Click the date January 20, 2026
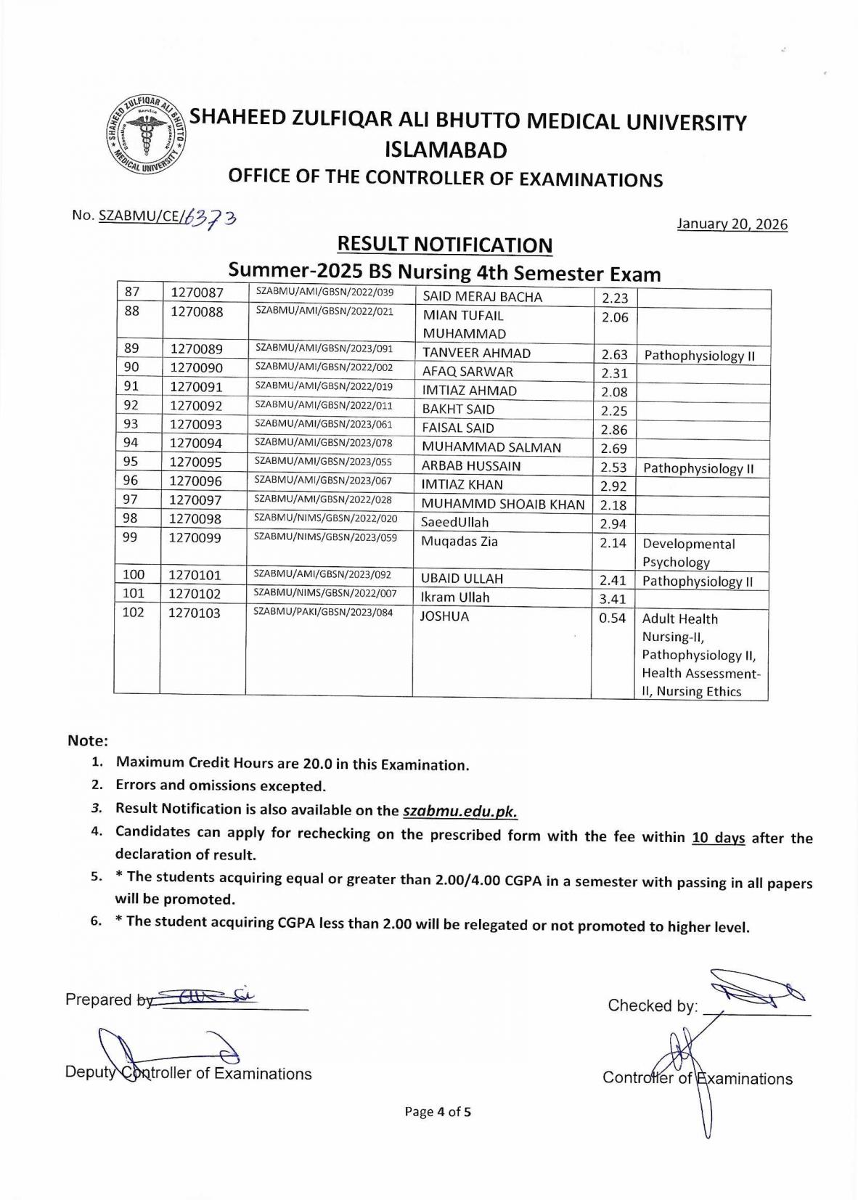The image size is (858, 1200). (x=732, y=224)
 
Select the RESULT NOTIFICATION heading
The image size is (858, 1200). (x=445, y=245)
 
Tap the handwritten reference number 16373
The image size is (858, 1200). (x=211, y=217)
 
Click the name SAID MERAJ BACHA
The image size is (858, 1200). (x=482, y=297)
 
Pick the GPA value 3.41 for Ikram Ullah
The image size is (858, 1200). (x=613, y=599)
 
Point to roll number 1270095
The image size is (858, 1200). (x=195, y=462)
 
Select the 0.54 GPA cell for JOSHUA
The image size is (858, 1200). (x=613, y=618)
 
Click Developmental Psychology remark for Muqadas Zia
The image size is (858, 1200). (x=688, y=553)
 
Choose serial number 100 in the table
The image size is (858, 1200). (x=134, y=575)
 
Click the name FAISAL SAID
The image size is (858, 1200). (x=458, y=428)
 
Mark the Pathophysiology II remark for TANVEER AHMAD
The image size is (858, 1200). (x=699, y=356)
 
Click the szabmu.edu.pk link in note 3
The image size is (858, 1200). (x=459, y=812)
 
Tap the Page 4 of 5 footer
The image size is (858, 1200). (x=438, y=1111)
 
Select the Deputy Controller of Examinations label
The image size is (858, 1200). (x=188, y=1074)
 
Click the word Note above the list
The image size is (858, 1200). (x=87, y=740)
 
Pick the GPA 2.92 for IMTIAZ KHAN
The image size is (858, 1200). (x=613, y=486)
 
